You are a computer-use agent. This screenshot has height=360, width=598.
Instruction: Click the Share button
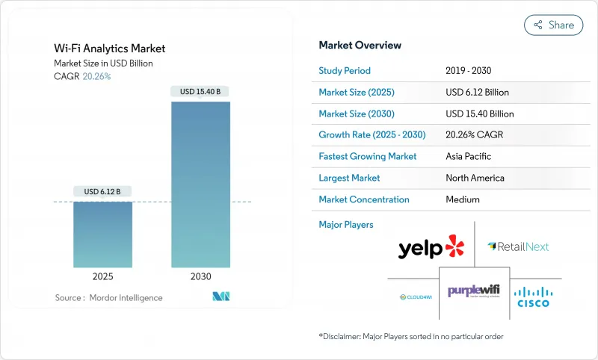coord(553,25)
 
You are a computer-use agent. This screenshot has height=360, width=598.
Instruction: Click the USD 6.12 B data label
coord(102,192)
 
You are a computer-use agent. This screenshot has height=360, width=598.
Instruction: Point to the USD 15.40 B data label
coord(200,92)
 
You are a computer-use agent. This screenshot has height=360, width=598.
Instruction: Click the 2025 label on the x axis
coord(102,276)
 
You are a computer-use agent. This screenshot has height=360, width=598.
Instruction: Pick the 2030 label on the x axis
coord(200,276)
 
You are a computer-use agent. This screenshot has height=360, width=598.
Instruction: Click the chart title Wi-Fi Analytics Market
coord(110,49)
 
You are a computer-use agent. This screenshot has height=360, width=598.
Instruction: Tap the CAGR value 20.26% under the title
coord(96,76)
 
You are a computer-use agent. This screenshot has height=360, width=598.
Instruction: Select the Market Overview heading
coord(360,46)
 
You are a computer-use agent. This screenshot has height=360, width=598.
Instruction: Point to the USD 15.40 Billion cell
coord(479,114)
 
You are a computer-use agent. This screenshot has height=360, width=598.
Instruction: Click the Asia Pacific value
coord(469,157)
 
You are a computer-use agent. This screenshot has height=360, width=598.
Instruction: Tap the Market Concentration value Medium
coord(462,199)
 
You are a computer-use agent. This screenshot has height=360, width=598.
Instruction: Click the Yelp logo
coord(431,247)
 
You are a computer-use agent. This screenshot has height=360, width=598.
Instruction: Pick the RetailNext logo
coord(517,246)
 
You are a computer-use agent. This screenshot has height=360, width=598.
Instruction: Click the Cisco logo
coord(533,296)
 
